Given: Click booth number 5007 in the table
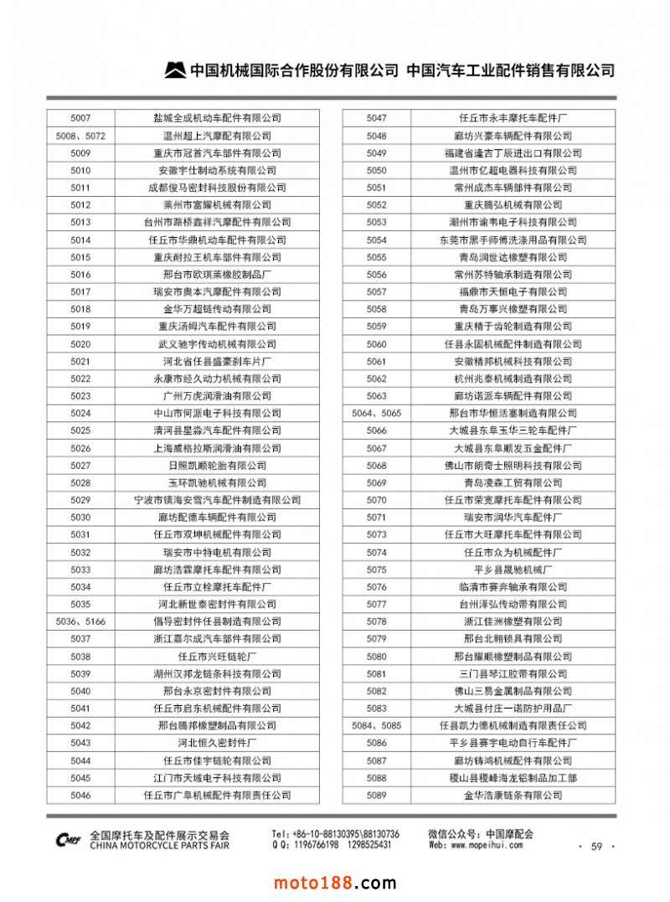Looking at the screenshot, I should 80,118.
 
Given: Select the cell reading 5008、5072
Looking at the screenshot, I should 80,136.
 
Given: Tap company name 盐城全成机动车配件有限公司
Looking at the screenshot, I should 217,118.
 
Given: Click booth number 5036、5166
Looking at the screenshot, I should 80,621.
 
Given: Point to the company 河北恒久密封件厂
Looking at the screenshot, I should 217,743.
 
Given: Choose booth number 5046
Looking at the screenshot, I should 80,795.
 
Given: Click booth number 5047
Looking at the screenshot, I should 377,118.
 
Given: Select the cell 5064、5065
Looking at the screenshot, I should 377,413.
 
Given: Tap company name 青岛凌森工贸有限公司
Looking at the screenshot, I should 513,482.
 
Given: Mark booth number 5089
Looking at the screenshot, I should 377,795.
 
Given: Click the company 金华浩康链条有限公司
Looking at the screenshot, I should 513,795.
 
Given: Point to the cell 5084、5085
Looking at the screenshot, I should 377,725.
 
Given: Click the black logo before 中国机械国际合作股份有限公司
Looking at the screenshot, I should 175,70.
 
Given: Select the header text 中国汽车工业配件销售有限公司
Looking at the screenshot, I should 510,70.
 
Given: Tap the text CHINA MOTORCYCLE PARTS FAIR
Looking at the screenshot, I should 159,846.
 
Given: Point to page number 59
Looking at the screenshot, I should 596,847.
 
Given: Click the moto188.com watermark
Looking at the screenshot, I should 335,883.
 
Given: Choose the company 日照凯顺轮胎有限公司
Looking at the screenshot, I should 217,465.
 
